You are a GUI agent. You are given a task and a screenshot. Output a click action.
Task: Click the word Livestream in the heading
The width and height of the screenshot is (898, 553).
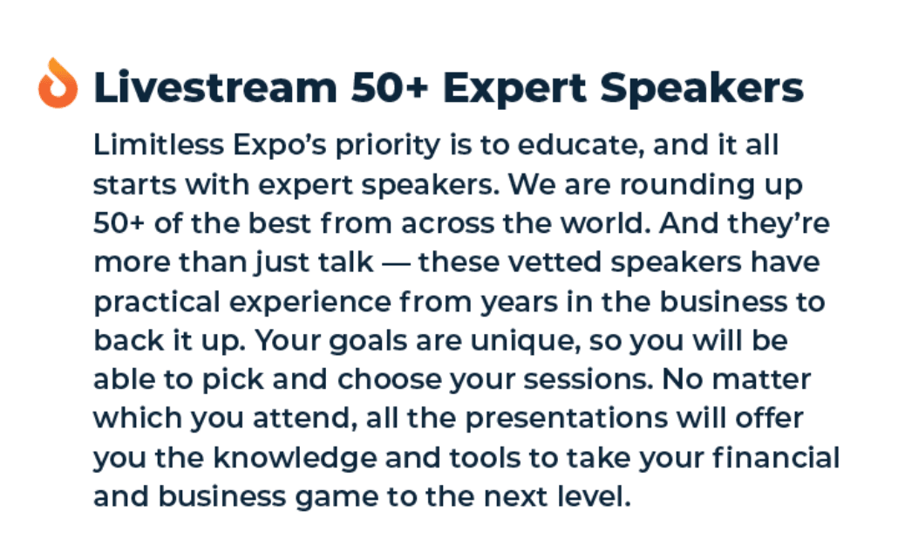[215, 88]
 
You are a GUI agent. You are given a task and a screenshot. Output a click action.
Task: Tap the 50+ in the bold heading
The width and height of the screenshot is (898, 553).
[390, 88]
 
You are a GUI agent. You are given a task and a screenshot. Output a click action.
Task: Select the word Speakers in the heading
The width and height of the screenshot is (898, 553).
[702, 89]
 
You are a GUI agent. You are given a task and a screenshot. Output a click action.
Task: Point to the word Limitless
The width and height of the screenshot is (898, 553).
[159, 144]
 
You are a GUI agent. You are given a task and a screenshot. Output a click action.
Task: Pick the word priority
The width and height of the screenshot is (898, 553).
[388, 146]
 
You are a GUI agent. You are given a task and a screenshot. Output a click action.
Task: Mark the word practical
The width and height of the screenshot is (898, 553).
[157, 303]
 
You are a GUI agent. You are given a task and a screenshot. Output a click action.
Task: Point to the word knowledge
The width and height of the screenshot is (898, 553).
[295, 459]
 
